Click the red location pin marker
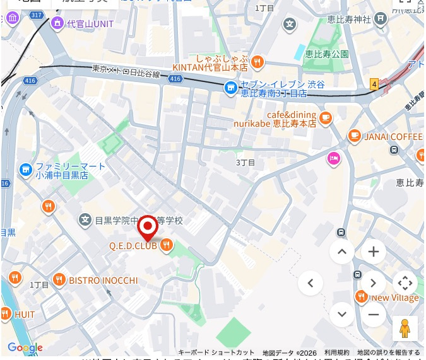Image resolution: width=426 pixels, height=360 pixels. (148, 227)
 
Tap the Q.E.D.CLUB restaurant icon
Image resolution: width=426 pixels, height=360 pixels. (167, 245)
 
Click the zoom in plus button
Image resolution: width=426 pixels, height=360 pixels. (373, 252)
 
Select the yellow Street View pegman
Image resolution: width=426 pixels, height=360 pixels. (405, 328)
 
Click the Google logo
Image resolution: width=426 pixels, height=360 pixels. (25, 347)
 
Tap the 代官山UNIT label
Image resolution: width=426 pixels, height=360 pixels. (91, 24)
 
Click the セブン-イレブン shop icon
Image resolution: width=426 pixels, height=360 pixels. (231, 86)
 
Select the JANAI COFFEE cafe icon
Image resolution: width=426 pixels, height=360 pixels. (354, 136)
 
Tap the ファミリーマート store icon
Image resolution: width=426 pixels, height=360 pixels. (25, 169)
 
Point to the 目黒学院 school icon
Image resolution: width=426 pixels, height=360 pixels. (85, 220)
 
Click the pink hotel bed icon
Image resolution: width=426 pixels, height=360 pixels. (333, 158)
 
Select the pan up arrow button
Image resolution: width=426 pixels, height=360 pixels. (341, 252)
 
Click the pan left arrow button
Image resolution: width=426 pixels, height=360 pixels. (310, 283)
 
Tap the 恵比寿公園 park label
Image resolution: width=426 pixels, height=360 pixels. (328, 54)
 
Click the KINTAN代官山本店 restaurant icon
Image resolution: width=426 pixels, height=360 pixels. (257, 61)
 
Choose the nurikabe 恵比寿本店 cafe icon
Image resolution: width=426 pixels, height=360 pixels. (326, 117)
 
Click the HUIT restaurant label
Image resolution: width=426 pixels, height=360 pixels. (25, 314)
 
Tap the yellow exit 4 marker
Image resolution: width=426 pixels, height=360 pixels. (374, 84)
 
